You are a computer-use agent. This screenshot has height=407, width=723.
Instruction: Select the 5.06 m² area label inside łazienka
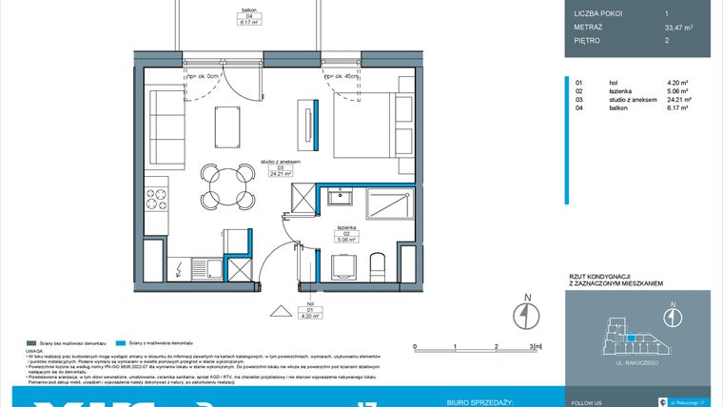click(343, 241)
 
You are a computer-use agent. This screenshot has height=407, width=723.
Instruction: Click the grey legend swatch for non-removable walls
click(30, 341)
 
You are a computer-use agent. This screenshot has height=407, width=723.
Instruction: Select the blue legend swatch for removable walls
click(118, 341)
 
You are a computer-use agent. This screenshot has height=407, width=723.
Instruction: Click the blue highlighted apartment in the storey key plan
click(630, 336)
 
